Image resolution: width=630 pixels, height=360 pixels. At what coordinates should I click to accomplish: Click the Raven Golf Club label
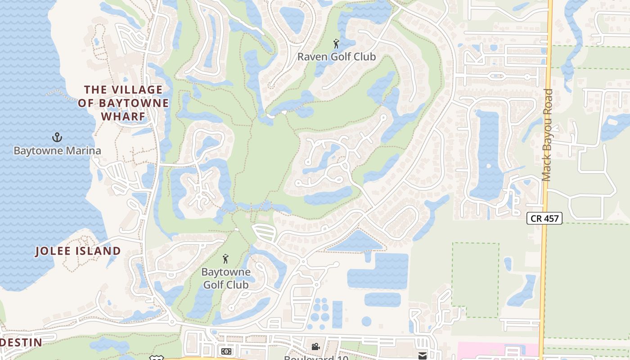coord(337,57)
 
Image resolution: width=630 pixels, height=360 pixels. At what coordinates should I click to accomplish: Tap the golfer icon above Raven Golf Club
coord(336,44)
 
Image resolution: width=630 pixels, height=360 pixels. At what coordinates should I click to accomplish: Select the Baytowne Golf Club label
coord(226,279)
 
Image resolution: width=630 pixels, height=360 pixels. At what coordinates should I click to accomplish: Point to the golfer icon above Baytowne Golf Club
coord(225,259)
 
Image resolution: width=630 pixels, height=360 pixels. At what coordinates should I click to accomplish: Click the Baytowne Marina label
coord(57,150)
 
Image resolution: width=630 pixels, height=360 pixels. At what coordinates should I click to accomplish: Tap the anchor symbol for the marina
coord(57,137)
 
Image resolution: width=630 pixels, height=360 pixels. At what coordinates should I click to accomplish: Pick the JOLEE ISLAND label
coord(78,251)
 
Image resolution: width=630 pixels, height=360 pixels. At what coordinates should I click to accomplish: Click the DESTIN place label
coord(22,342)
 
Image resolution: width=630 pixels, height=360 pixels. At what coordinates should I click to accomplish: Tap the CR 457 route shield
coord(544,219)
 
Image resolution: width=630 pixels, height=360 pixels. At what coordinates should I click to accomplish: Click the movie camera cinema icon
coord(316,346)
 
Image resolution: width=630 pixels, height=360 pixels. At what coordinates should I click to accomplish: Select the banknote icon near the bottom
coord(226,351)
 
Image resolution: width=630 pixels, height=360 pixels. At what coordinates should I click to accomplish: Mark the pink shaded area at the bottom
coord(495,351)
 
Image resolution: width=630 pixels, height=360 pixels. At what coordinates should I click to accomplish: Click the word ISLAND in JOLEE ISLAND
coord(98,251)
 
